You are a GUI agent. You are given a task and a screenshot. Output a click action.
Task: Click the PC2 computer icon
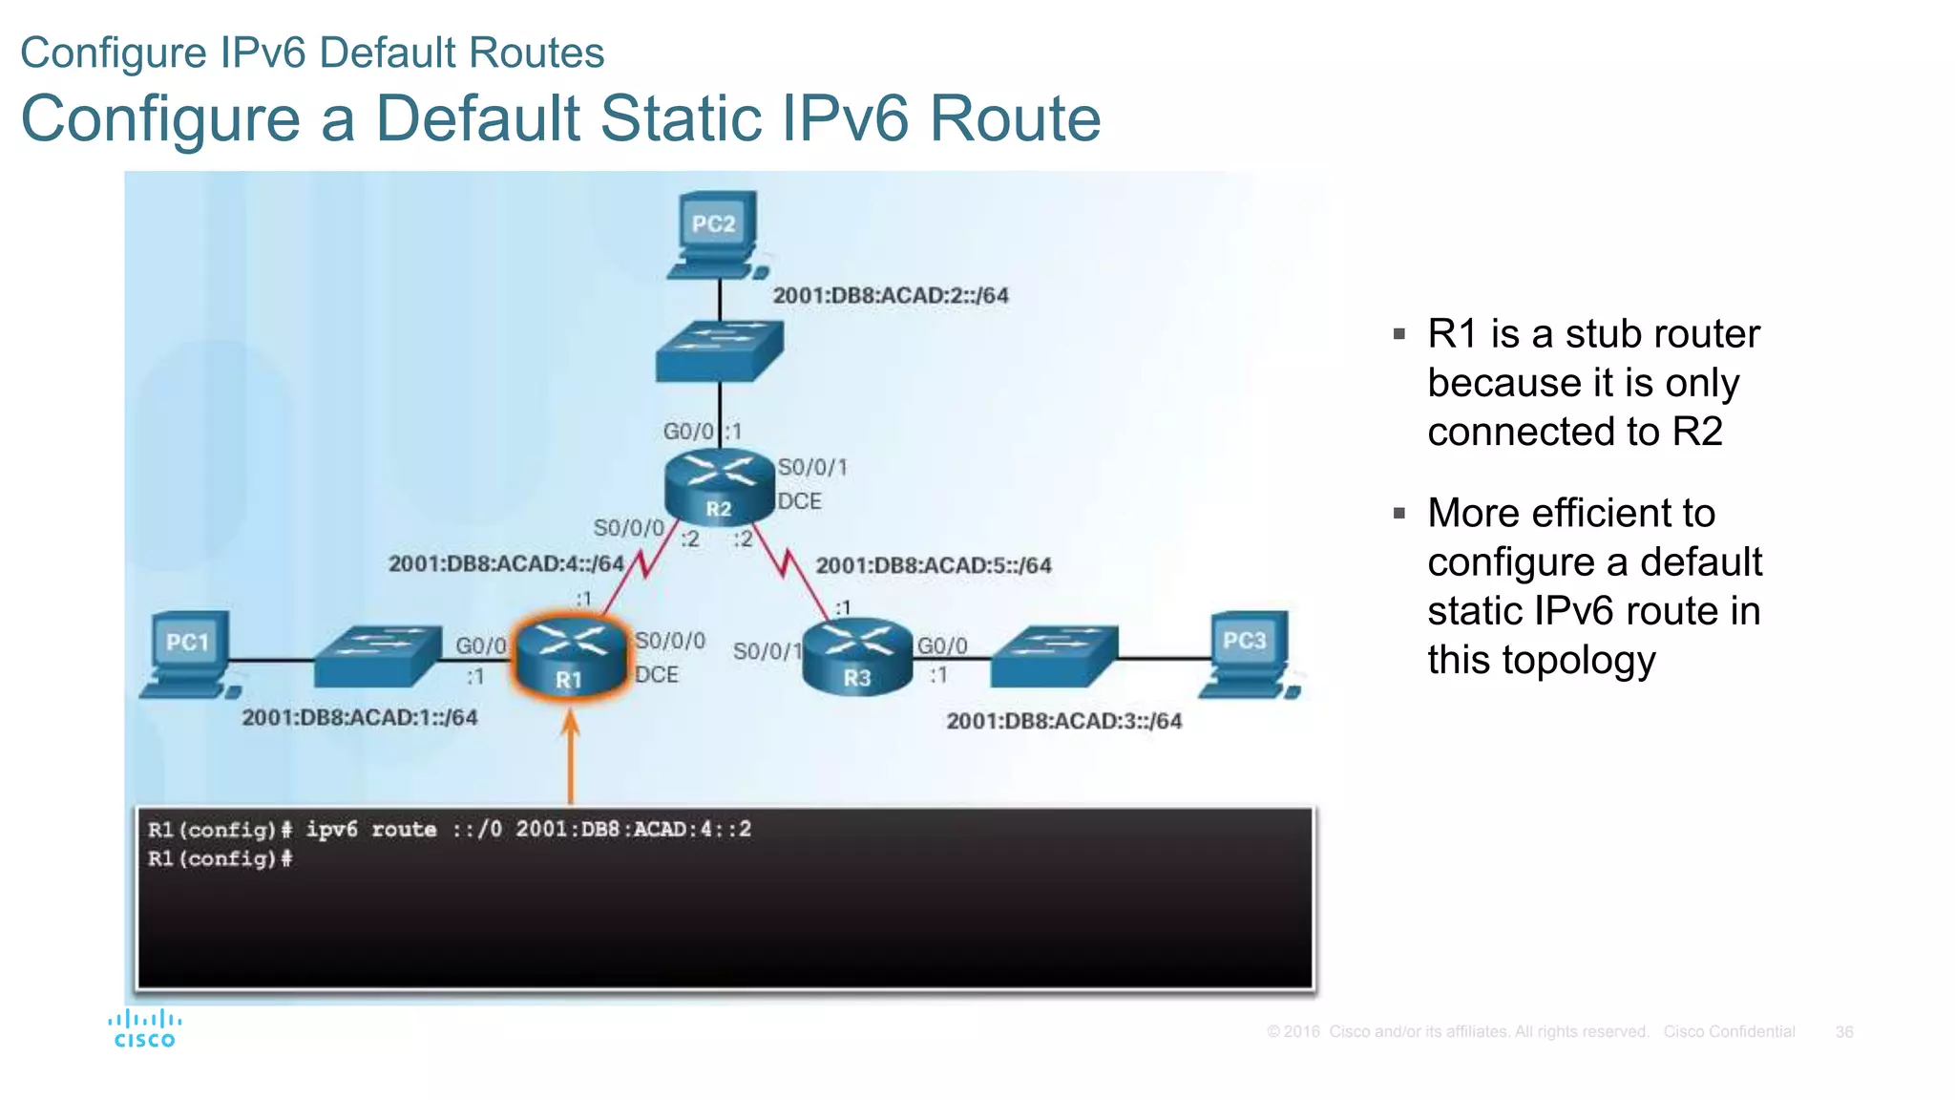point(717,235)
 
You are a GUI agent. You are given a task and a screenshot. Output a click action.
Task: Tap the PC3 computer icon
point(1249,654)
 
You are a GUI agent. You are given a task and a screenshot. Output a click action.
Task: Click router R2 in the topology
point(719,485)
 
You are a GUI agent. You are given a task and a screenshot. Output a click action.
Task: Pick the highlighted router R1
point(570,656)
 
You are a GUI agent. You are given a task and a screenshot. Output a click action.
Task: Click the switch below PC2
point(720,351)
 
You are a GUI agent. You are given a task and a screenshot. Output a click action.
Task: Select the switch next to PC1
point(378,656)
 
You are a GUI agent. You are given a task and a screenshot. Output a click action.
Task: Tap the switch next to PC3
point(1054,656)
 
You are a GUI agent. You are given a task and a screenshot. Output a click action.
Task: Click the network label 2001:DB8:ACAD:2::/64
point(891,296)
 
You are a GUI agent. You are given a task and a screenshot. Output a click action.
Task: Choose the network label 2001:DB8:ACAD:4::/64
point(506,564)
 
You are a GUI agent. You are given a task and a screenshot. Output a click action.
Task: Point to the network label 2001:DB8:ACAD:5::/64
point(934,566)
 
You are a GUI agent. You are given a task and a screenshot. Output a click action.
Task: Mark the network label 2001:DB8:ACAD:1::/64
point(359,718)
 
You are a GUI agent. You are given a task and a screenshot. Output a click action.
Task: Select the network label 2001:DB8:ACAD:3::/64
point(1063,721)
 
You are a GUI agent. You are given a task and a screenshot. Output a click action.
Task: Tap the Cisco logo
point(144,1028)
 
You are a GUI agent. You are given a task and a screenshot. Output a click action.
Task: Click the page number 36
point(1843,1032)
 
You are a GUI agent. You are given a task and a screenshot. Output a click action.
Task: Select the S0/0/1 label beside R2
point(812,468)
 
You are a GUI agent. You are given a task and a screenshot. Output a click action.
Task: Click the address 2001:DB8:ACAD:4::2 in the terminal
point(634,829)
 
